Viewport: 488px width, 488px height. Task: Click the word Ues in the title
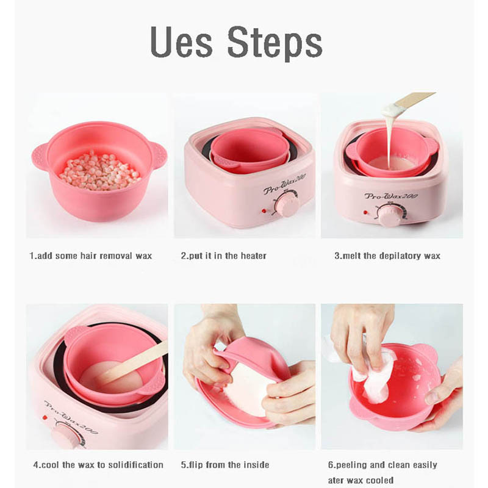(181, 42)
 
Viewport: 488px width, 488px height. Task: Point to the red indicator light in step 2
(264, 210)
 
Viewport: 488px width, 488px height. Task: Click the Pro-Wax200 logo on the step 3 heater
(391, 196)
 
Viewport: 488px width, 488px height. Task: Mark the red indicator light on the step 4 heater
(45, 418)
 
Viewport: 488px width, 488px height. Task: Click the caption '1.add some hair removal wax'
(90, 256)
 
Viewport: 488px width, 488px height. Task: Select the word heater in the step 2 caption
(254, 256)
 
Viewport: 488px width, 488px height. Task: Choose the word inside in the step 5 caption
(256, 465)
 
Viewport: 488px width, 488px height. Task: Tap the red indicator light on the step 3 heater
(365, 212)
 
